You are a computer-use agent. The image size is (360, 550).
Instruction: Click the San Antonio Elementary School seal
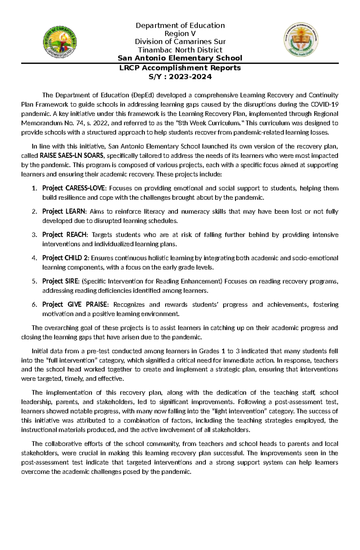(301, 40)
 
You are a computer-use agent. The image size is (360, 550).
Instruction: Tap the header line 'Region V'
(180, 34)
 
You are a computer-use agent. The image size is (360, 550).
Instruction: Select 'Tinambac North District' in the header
(180, 50)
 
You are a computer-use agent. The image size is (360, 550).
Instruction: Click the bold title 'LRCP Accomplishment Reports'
(180, 68)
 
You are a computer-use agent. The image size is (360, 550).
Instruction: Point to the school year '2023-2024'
(190, 77)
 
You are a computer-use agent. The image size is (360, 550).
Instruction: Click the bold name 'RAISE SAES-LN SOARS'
(72, 156)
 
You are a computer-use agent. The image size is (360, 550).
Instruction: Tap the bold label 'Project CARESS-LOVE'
(74, 189)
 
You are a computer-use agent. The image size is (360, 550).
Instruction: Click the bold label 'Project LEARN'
(64, 212)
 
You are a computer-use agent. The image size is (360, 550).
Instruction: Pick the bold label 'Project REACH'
(65, 235)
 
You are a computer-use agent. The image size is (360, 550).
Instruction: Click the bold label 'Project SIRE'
(61, 281)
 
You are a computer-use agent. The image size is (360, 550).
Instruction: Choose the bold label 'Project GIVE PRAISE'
(75, 305)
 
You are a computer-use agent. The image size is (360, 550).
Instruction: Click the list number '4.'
(34, 258)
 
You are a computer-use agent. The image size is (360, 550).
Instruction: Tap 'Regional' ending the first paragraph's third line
(325, 114)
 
